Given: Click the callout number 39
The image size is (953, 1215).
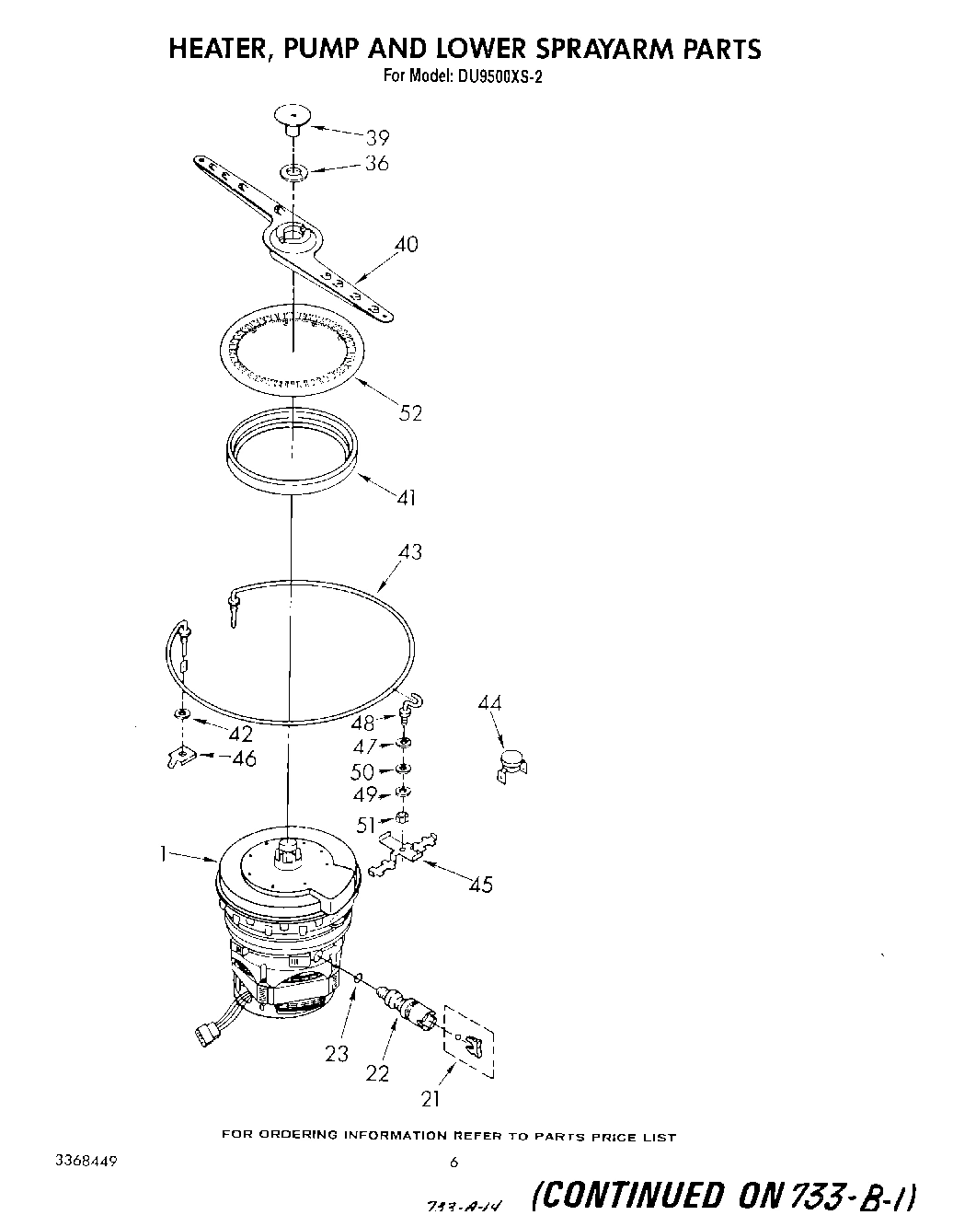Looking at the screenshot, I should pos(378,138).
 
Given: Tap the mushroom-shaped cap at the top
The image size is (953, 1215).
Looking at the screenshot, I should pos(292,118).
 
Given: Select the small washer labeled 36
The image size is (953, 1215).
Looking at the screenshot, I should pos(293,172).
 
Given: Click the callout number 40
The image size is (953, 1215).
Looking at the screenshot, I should pos(406,245).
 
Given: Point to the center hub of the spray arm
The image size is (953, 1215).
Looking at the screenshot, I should pos(293,236).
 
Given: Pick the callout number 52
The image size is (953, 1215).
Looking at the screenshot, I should pos(410,413).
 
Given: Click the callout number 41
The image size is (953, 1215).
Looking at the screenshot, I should pos(406,498).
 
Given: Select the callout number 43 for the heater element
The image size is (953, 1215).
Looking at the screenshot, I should pos(410,551).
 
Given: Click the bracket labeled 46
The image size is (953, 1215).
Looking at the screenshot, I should pos(182,757).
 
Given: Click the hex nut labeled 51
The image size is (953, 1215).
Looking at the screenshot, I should pos(401,816).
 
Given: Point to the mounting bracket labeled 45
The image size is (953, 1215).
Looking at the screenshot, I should pos(405,851).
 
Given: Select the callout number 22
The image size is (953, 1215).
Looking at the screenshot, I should pos(377,1073).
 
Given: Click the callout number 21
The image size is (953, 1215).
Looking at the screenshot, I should pos(431,1098).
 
